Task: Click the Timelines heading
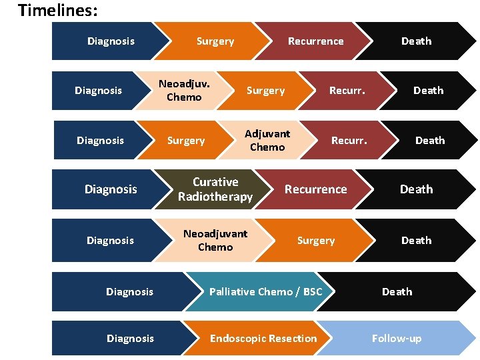click(57, 11)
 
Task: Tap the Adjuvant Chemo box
click(267, 141)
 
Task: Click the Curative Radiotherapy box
click(215, 189)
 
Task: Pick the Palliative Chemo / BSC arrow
click(265, 292)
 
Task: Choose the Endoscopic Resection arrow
click(263, 339)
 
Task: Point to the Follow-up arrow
click(397, 339)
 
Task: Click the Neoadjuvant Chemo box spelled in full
click(215, 241)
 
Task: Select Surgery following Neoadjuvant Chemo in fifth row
click(316, 241)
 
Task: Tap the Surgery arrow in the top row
click(215, 41)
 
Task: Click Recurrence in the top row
click(315, 41)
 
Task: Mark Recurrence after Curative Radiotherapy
click(315, 189)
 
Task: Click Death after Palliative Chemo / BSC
click(397, 292)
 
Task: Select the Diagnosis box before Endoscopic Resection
click(130, 339)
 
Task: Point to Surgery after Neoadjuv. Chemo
click(265, 91)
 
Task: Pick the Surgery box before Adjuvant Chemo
click(185, 141)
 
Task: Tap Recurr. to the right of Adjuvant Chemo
click(349, 141)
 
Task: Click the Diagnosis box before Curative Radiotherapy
click(111, 189)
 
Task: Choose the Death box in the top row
click(416, 41)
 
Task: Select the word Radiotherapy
click(215, 197)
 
